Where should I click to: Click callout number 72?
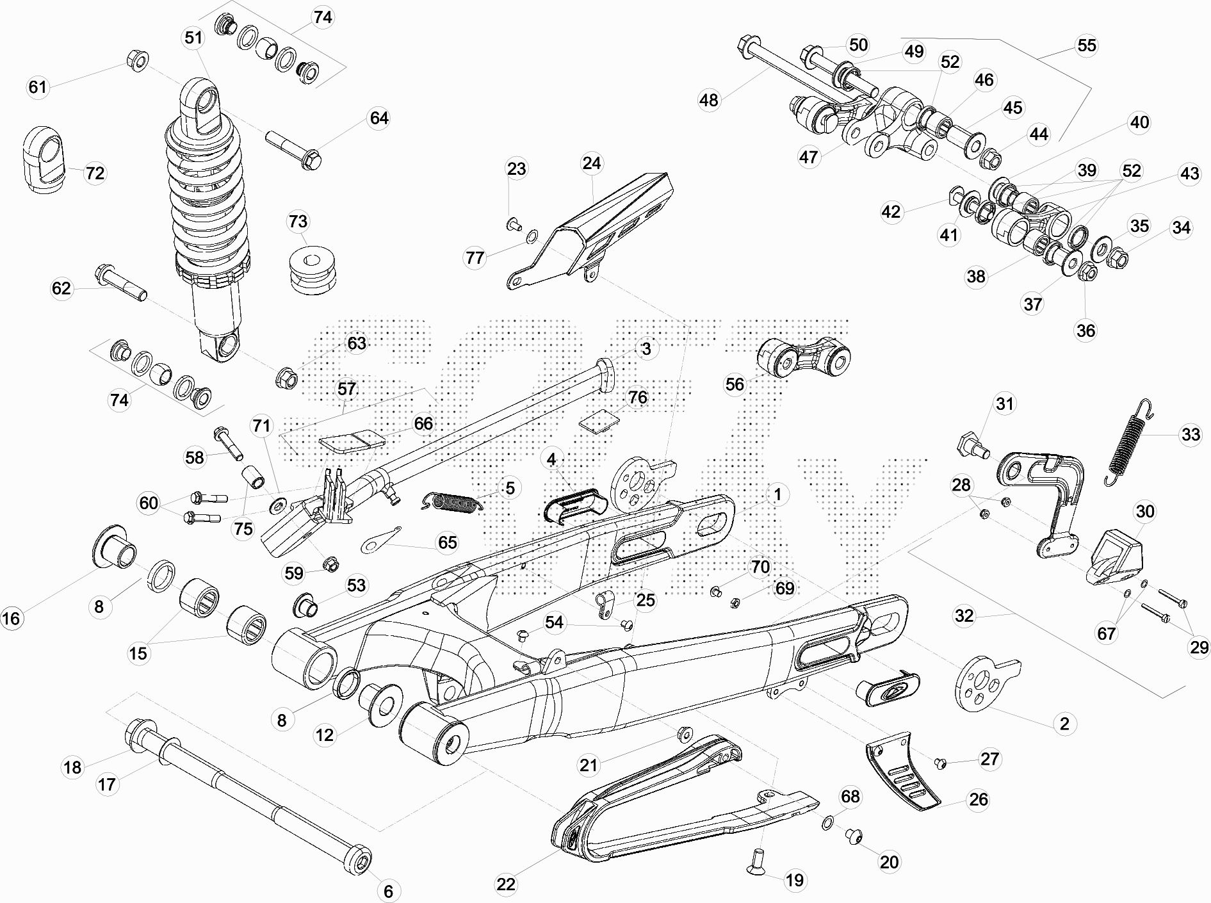pos(95,173)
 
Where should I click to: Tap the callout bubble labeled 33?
pos(1191,435)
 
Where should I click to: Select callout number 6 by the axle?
pos(387,890)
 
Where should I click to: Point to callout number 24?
pos(592,164)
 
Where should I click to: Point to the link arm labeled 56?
pos(804,359)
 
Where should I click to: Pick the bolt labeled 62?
pos(122,282)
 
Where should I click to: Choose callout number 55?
pos(1087,45)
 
